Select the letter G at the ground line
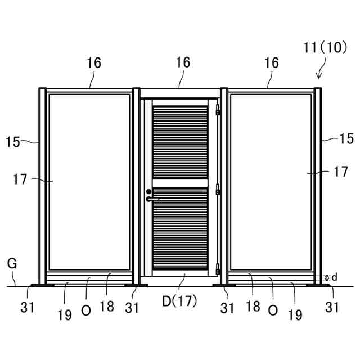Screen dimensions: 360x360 click(11, 263)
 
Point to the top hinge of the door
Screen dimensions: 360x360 click(218, 112)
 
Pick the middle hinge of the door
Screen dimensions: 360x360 click(218, 191)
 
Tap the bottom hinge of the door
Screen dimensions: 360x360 click(218, 269)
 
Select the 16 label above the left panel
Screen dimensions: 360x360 click(94, 63)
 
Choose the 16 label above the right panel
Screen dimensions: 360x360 click(271, 63)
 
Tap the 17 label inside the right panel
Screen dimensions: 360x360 click(341, 172)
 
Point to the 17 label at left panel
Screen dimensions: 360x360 click(20, 180)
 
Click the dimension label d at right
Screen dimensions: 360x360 click(334, 277)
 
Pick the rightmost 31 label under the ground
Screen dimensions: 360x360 click(332, 307)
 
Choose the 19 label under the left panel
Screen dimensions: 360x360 click(65, 315)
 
